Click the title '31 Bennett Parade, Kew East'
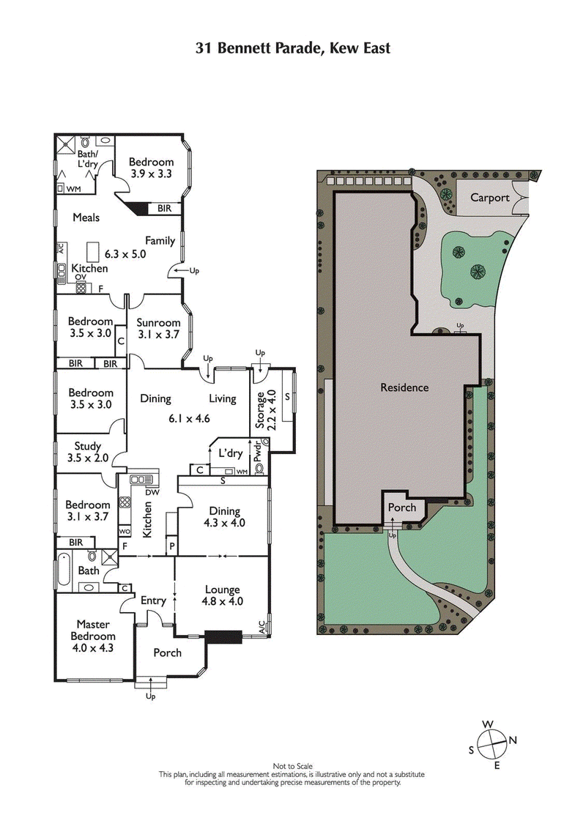[x=292, y=48]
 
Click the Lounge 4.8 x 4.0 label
[x=223, y=595]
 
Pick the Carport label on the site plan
[x=490, y=197]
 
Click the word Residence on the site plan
[x=404, y=387]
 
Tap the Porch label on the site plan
[x=401, y=507]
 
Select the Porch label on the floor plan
[x=167, y=653]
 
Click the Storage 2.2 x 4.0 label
[x=264, y=409]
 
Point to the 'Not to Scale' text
[x=292, y=765]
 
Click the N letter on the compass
[x=513, y=740]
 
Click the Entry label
[x=154, y=601]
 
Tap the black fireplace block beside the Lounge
[x=224, y=637]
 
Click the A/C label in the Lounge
[x=262, y=626]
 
